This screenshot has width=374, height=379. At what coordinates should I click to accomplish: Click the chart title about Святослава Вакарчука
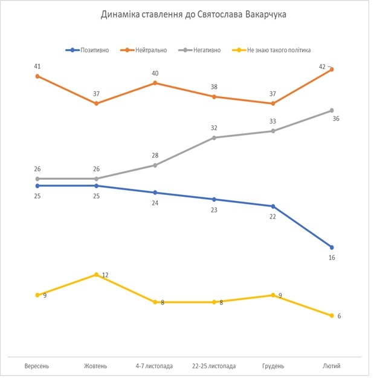[193, 15]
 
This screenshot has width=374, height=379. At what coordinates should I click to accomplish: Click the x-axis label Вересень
[37, 366]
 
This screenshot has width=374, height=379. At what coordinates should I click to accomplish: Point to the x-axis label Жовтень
[95, 366]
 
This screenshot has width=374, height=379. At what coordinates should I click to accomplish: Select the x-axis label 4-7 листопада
[155, 366]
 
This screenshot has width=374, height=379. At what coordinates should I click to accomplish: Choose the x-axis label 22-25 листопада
[214, 366]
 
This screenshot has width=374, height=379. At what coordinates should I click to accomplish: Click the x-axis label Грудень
[273, 366]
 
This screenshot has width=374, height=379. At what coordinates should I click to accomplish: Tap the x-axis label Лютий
[332, 366]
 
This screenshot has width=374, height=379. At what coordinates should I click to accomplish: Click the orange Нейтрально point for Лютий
[332, 70]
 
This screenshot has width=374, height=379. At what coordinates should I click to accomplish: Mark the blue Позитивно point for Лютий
[332, 247]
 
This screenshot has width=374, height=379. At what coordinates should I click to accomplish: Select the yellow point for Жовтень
[96, 274]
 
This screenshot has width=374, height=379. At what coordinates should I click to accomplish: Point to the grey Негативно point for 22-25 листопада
[214, 137]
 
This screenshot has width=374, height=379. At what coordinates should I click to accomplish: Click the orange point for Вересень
[37, 76]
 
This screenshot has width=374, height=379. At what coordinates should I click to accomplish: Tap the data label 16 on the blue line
[332, 258]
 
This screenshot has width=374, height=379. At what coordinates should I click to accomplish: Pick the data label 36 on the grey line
[336, 119]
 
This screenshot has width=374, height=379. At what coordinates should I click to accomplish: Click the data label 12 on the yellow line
[105, 275]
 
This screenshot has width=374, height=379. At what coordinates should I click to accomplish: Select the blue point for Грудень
[273, 206]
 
